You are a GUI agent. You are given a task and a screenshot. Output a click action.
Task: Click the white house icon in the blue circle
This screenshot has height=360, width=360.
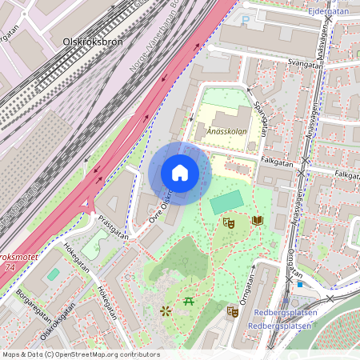pyautogui.click(x=179, y=173)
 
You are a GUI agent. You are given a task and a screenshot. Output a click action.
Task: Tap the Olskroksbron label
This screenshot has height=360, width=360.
pyautogui.click(x=93, y=42)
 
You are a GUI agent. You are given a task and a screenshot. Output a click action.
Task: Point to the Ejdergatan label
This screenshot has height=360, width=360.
pyautogui.click(x=328, y=12)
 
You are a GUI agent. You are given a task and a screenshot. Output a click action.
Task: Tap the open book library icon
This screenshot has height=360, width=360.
pyautogui.click(x=258, y=219)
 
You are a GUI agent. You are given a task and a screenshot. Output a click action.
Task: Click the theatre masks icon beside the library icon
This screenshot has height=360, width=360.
pyautogui.click(x=228, y=222)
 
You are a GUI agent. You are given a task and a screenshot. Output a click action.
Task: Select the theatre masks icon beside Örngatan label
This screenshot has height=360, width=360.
pyautogui.click(x=232, y=311)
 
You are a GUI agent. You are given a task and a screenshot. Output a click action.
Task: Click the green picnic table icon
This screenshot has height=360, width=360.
pyautogui.click(x=190, y=302)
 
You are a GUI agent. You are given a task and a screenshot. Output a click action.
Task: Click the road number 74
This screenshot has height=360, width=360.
pyautogui.click(x=9, y=269)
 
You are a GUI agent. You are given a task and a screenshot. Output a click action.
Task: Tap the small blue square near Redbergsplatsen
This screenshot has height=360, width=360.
pyautogui.click(x=299, y=283)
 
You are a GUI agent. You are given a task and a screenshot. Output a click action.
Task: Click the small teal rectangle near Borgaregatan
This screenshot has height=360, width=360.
pyautogui.click(x=54, y=274)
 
